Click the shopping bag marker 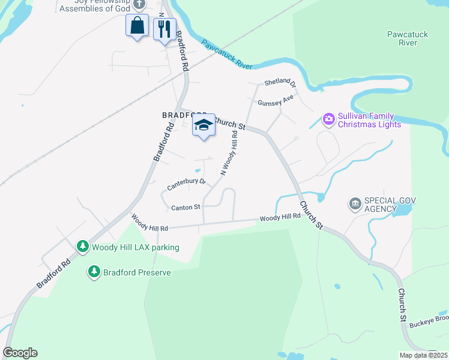[137, 26]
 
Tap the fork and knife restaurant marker [164, 29]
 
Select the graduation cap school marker [203, 127]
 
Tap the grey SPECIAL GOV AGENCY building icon [355, 205]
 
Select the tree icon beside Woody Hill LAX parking [82, 247]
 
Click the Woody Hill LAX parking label [135, 247]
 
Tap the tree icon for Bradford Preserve [94, 272]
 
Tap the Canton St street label [185, 208]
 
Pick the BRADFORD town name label [179, 114]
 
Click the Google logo [20, 353]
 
